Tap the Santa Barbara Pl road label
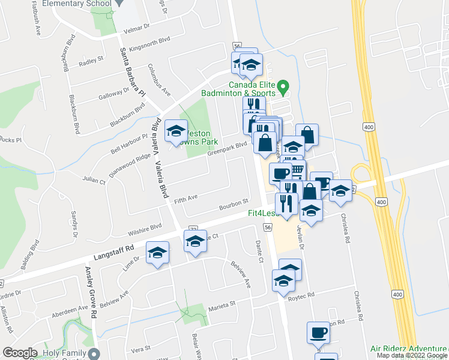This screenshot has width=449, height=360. point(133,71)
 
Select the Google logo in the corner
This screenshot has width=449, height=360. point(20,353)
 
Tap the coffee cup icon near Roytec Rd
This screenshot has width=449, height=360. point(318,332)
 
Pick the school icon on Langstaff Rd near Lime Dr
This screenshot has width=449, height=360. point(157,253)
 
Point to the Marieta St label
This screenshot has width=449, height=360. point(221,305)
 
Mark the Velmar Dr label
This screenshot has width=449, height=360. point(136,29)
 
